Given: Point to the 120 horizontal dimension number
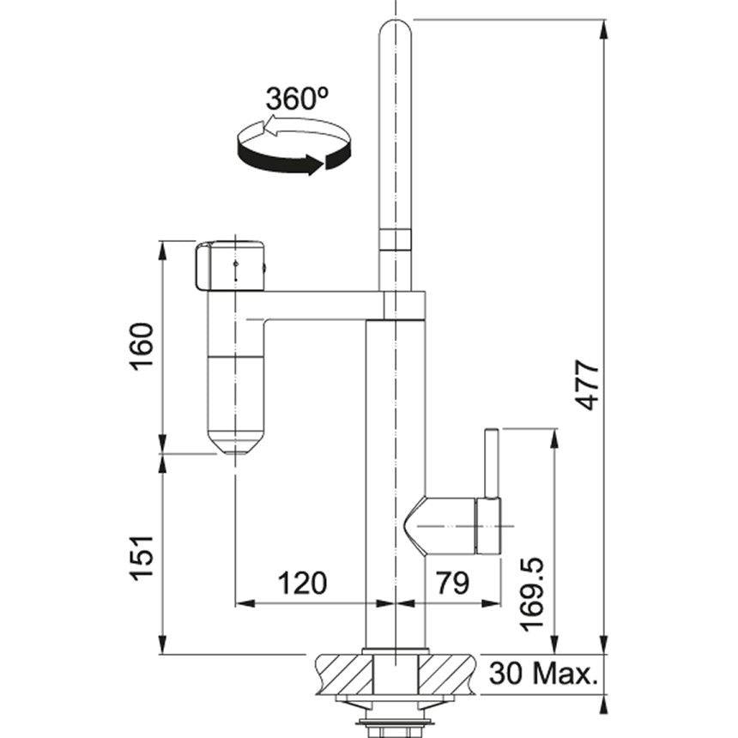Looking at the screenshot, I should click(x=301, y=584).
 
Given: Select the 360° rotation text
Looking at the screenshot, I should click(x=297, y=99).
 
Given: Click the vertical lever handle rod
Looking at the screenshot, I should click(x=492, y=463).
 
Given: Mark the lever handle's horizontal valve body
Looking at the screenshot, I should click(x=451, y=523).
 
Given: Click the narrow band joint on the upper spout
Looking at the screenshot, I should click(x=395, y=239).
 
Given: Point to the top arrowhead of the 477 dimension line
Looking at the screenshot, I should click(x=604, y=30).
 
